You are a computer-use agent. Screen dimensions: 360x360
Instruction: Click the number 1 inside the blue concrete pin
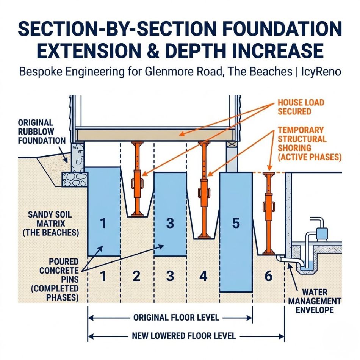[x=103, y=224]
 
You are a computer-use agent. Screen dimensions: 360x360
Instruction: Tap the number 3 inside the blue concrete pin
[x=170, y=224]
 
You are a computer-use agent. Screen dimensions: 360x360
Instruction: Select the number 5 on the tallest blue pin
[x=236, y=224]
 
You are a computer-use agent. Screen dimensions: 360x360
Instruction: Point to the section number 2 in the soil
[x=136, y=276]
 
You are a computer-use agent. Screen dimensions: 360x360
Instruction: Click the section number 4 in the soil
[x=203, y=276]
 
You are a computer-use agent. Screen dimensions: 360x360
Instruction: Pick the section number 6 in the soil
[x=268, y=276]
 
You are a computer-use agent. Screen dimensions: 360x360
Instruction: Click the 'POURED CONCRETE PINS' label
[x=63, y=279]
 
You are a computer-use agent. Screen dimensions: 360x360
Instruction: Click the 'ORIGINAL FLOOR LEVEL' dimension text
[x=176, y=318]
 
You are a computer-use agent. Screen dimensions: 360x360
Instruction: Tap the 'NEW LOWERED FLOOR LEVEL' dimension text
[x=184, y=336]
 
